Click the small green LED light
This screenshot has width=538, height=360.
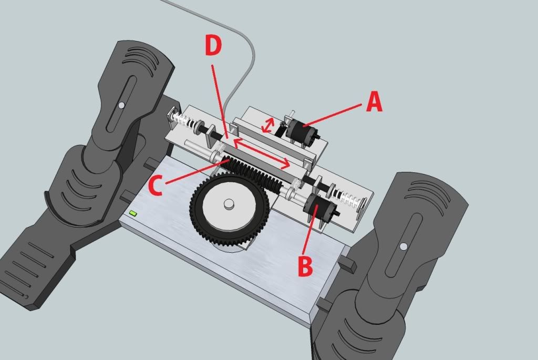[133, 213]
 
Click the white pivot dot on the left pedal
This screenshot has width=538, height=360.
[121, 105]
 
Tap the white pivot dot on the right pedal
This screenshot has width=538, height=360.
[403, 246]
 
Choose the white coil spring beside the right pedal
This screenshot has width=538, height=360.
[351, 199]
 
